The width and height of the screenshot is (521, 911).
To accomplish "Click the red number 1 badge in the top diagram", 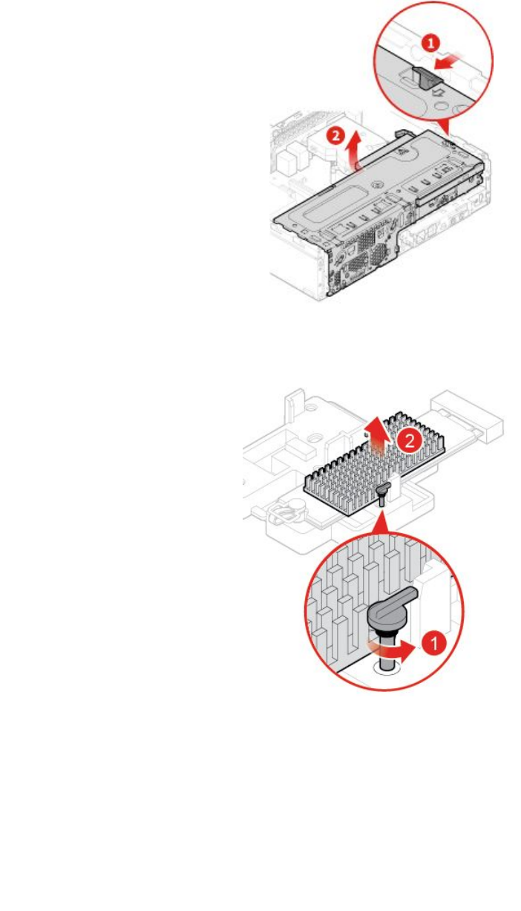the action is pyautogui.click(x=430, y=44).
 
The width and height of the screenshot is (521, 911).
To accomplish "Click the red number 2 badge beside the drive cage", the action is pyautogui.click(x=335, y=136).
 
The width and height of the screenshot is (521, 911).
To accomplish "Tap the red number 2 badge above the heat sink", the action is pyautogui.click(x=406, y=441).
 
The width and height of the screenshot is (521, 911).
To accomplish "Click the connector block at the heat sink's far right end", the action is pyautogui.click(x=474, y=420).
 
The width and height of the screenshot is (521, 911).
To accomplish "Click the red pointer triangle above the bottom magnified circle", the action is pyautogui.click(x=380, y=524).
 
